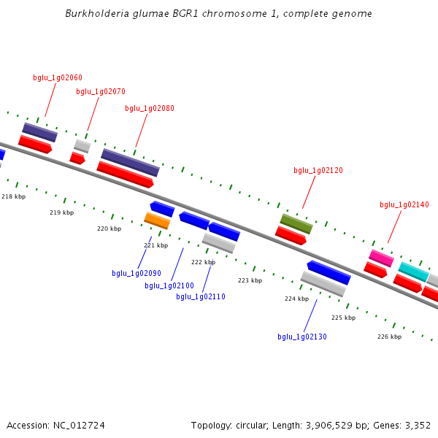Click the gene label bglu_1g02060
(x=58, y=77)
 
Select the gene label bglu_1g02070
(x=101, y=92)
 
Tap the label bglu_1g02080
(x=150, y=108)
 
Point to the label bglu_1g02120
(x=318, y=170)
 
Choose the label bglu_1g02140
(x=404, y=205)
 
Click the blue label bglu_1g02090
(x=137, y=273)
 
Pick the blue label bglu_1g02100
(x=169, y=285)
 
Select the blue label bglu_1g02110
(x=201, y=296)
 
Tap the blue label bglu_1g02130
(x=302, y=337)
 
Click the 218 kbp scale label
(x=13, y=196)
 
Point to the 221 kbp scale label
(x=155, y=245)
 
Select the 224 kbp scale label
(x=296, y=299)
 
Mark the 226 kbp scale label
(x=389, y=337)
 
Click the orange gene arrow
(x=157, y=220)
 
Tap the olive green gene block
(x=296, y=223)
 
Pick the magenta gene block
(x=381, y=258)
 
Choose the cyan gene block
(x=413, y=272)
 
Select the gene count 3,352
(x=417, y=425)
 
